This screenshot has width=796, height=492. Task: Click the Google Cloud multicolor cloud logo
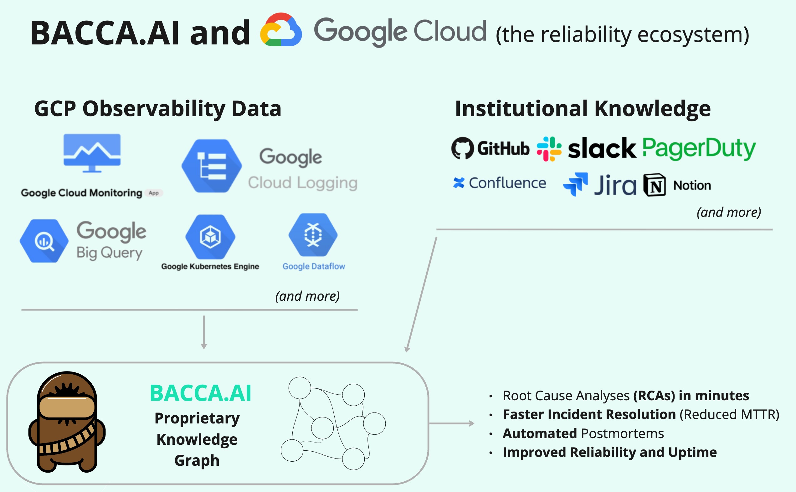tap(280, 30)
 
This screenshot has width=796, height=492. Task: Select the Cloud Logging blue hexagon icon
tap(212, 166)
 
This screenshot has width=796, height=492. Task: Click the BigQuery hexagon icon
tap(44, 241)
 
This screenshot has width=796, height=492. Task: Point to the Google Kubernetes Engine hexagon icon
tap(210, 237)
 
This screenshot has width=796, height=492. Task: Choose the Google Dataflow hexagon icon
tap(313, 235)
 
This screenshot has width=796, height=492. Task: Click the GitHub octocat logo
tap(462, 148)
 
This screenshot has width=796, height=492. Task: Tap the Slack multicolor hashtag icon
tap(549, 149)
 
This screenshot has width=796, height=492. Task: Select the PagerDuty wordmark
tap(699, 148)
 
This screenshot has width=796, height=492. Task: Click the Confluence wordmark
tap(507, 183)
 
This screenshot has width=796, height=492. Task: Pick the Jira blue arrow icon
tap(575, 184)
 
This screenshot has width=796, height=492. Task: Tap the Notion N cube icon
tap(655, 185)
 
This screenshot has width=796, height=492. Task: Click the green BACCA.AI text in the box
tap(200, 393)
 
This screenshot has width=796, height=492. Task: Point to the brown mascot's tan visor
tap(67, 407)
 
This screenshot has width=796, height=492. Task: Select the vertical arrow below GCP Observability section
tap(204, 332)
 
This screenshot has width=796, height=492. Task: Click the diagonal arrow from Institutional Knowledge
tap(421, 295)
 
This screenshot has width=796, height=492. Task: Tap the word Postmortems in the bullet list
tap(622, 433)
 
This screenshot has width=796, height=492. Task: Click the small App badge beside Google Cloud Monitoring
tap(154, 193)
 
